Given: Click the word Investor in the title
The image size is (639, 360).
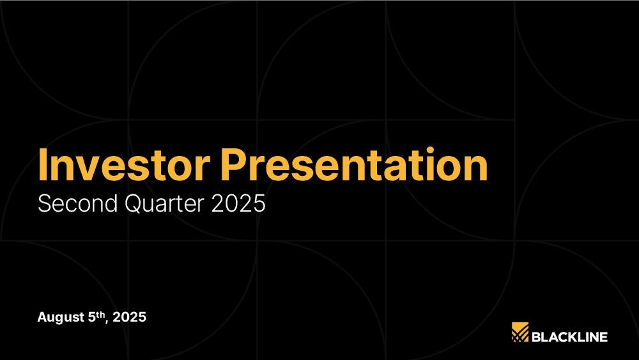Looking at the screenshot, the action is [x=124, y=164].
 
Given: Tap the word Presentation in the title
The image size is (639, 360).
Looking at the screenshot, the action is [x=354, y=164].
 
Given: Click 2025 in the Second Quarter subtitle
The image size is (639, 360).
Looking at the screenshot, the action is [x=238, y=203].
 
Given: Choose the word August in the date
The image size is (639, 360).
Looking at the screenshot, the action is [x=61, y=317].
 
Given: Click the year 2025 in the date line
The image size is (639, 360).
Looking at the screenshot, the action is [x=129, y=317].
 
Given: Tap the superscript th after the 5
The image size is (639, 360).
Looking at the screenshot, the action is [x=100, y=315].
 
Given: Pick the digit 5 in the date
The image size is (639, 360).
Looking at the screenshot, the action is [x=91, y=317].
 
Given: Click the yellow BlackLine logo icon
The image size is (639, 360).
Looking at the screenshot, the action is [x=520, y=332].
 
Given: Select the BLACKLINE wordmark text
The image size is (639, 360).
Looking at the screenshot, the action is [x=570, y=337].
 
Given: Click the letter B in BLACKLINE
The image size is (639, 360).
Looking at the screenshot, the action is [x=536, y=337].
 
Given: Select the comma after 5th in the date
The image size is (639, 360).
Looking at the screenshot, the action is [x=107, y=322].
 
